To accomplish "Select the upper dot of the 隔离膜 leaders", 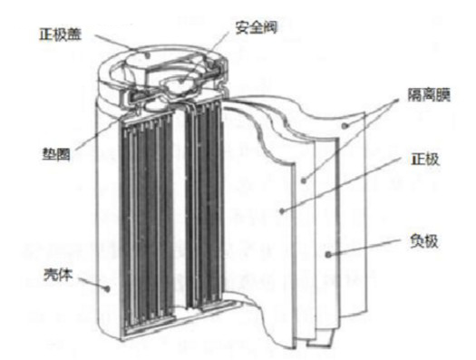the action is pyautogui.click(x=346, y=125).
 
